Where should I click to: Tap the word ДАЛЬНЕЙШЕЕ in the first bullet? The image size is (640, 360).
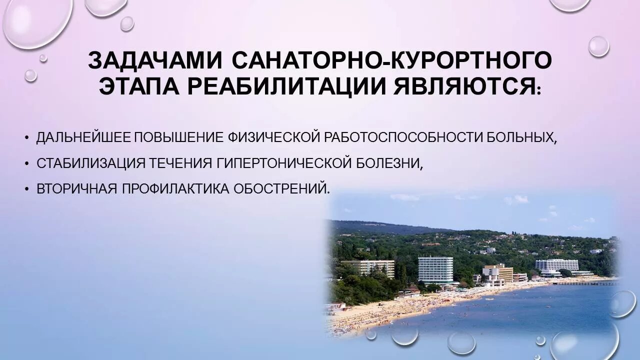point(83,137)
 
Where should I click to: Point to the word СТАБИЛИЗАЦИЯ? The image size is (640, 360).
point(91,163)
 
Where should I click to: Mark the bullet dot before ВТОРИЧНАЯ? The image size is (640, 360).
point(26,189)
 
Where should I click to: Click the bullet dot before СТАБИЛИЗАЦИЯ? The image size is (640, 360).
point(26,163)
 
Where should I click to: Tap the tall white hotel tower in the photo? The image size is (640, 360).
point(435,270)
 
